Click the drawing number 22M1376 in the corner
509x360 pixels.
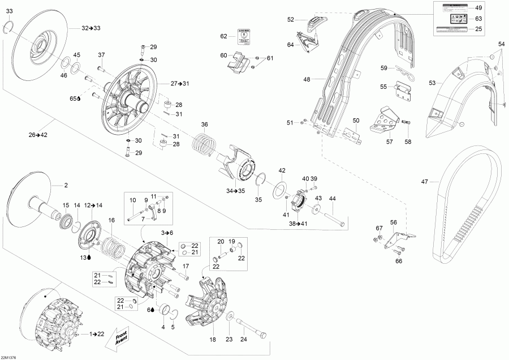click(10, 357)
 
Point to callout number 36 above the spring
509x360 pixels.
click(205, 125)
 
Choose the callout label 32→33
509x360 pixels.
click(91, 28)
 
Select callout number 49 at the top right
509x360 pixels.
click(478, 8)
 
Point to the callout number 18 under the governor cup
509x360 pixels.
click(213, 340)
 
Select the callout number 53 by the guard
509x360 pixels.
click(432, 83)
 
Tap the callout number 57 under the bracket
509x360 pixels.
click(389, 142)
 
